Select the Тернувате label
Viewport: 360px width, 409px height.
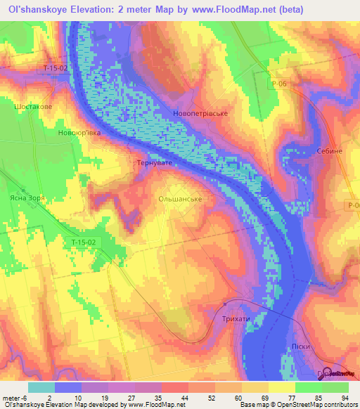point(153,162)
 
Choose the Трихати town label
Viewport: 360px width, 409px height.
point(236,319)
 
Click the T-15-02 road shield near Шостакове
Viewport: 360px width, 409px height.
point(55,68)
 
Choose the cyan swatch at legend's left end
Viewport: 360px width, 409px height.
point(41,387)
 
